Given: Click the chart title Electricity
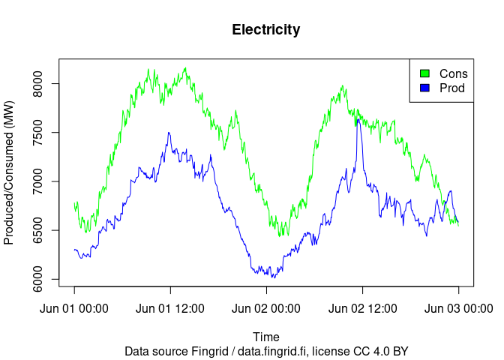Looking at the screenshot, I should coord(266,30).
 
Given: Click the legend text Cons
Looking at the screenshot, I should coord(453,73).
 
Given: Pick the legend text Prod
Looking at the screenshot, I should coord(452,88).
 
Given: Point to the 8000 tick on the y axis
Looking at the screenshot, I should coord(44,83).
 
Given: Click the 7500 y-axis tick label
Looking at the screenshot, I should coord(44,133).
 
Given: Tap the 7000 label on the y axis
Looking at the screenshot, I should coord(44,181).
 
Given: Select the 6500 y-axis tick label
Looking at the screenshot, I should coord(44,230).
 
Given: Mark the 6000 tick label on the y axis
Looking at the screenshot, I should coord(44,280).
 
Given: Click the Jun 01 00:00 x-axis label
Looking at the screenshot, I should coord(74,308).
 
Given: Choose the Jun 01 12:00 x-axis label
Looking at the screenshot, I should coord(170,308).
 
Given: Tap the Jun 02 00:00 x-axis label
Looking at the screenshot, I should coord(266,308).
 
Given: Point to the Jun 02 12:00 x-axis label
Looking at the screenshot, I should coord(363,308).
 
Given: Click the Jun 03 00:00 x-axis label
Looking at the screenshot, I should coord(458,308).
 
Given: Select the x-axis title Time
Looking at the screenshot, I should coord(266,337).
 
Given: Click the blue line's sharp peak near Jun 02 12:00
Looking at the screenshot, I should coord(358,118).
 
